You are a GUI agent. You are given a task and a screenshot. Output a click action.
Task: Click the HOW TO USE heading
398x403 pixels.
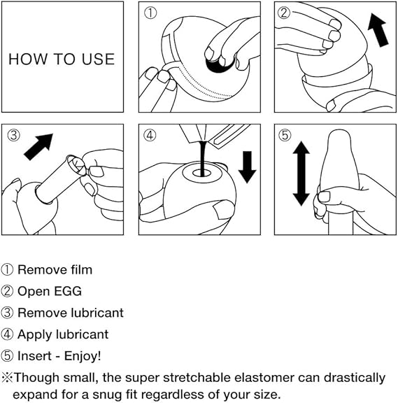point(62,58)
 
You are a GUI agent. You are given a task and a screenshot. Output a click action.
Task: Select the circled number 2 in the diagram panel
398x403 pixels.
point(285,13)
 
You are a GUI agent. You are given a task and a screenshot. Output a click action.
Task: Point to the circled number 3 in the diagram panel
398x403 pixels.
point(14,135)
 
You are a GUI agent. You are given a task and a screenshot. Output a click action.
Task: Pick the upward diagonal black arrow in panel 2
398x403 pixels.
point(378,32)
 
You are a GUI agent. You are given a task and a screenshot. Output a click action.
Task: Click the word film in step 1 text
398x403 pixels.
point(80,269)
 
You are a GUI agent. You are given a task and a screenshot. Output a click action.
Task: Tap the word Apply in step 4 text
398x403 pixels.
point(34,334)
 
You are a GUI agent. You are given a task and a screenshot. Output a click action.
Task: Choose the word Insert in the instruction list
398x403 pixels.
point(34,356)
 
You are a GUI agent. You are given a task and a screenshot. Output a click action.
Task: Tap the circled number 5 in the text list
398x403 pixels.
point(8,356)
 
